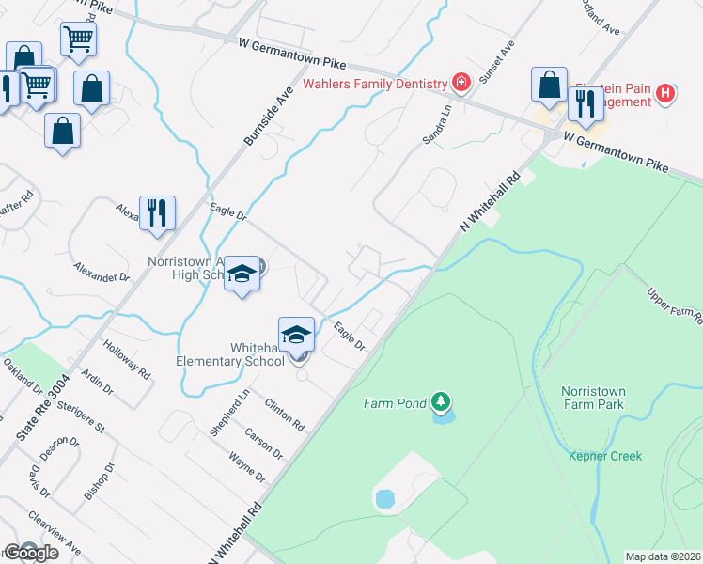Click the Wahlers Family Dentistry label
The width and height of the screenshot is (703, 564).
tap(374, 84)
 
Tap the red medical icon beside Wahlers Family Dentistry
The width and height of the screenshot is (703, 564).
tap(461, 83)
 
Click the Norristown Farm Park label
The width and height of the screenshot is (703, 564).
tap(605, 398)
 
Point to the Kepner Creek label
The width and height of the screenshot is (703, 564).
tap(605, 456)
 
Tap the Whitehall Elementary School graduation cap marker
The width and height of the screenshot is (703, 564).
tap(296, 336)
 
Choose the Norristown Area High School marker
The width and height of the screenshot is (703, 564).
tap(242, 274)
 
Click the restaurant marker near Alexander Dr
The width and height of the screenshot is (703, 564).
tap(157, 212)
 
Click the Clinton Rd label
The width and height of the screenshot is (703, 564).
tap(285, 413)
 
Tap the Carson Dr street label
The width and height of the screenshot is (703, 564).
tap(264, 438)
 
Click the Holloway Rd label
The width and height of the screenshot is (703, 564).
tap(128, 357)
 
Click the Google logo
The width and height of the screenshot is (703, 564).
tap(30, 553)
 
